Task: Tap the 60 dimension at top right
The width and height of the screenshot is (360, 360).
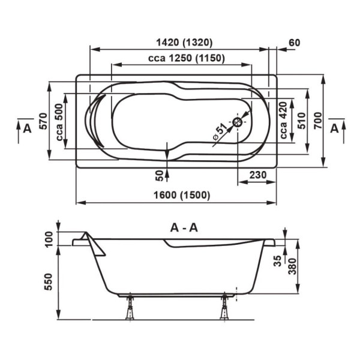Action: pyautogui.click(x=294, y=43)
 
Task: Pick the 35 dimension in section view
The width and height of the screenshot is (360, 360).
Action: pyautogui.click(x=278, y=260)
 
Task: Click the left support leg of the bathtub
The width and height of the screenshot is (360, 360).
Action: pyautogui.click(x=129, y=307)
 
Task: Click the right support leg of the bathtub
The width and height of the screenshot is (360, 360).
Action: pyautogui.click(x=224, y=307)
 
